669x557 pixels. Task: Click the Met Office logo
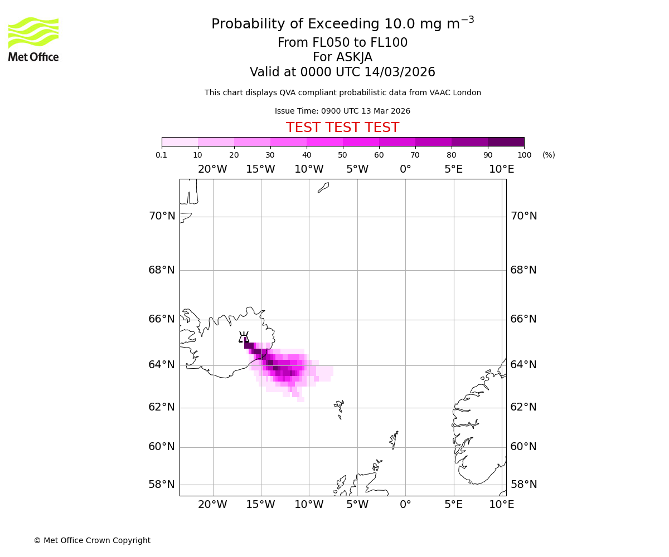coord(33,39)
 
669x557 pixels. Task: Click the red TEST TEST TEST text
coord(342,128)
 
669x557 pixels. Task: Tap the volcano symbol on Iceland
coord(244,337)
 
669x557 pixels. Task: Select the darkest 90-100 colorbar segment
coord(506,141)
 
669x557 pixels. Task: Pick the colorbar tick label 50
coord(342,155)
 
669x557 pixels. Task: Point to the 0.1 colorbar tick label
coord(162,155)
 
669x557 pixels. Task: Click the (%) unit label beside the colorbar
coord(549,155)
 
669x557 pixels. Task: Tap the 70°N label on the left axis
coord(162,216)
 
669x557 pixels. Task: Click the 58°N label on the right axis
coord(523,485)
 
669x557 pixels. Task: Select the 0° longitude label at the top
coord(405,169)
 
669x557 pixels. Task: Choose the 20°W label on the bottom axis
coord(212,505)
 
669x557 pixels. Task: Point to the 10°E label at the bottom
coord(501,505)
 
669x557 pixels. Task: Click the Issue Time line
coord(342,111)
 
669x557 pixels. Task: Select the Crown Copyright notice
coord(92,540)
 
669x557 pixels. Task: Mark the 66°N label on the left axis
coord(162,319)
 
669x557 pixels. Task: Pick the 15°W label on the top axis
coord(260,169)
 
